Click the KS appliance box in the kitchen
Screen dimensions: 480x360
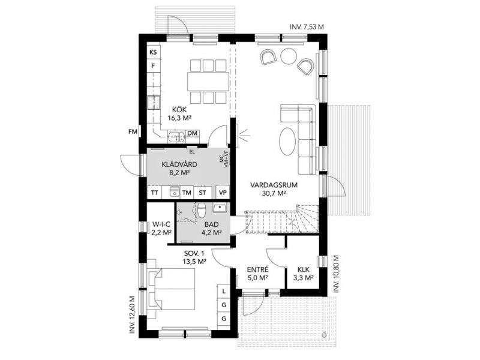click(154, 52)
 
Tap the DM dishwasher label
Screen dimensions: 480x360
click(192, 133)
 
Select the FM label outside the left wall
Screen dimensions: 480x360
click(133, 132)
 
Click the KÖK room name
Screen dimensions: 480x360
click(179, 110)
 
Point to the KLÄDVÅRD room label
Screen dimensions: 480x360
click(179, 164)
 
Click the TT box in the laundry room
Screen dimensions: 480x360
click(155, 193)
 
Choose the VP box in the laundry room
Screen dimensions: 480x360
click(223, 193)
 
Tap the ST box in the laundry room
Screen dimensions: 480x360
click(202, 193)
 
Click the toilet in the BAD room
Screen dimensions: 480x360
click(202, 209)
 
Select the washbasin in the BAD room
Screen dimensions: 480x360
click(220, 208)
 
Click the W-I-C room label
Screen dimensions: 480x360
click(161, 225)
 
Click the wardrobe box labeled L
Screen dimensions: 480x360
click(224, 291)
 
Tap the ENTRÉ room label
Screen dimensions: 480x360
click(258, 269)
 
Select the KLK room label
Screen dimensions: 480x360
click(304, 269)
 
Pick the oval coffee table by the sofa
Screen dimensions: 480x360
click(287, 142)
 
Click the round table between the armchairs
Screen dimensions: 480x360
click(289, 56)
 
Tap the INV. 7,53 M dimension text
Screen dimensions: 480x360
click(307, 27)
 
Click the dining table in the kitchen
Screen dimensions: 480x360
click(208, 81)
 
